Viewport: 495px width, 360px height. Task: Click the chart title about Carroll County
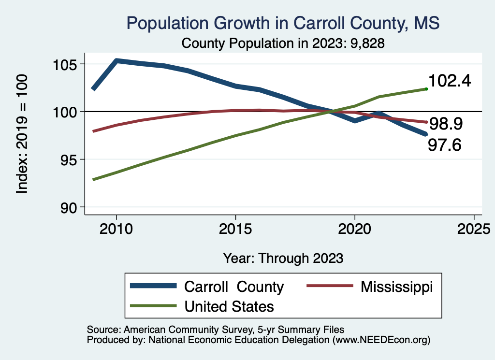pos(283,23)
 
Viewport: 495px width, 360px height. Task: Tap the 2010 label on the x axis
pos(116,229)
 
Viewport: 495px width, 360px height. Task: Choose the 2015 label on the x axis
pos(235,229)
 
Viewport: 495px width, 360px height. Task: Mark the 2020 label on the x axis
pos(355,229)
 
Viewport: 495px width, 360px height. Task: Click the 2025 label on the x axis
pos(474,229)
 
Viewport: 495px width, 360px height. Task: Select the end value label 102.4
pos(449,81)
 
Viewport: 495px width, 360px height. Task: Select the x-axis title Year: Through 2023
pos(283,258)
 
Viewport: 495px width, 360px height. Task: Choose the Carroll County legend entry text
pos(234,287)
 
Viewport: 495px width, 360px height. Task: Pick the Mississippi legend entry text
pos(396,287)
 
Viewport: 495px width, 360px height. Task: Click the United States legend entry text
pos(229,306)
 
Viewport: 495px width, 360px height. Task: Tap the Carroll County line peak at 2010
pos(116,61)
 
